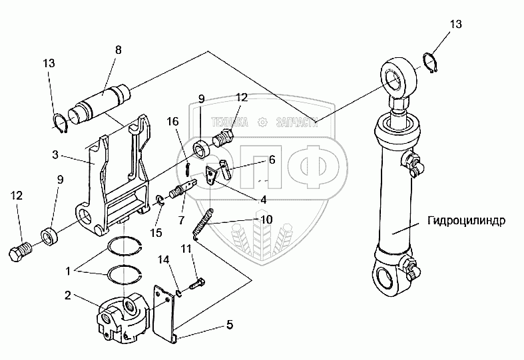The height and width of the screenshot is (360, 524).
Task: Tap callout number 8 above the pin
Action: [118, 50]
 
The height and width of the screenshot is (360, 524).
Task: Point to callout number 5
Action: [229, 326]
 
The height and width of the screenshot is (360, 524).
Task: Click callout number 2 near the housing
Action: [68, 295]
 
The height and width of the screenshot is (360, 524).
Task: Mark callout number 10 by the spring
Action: [266, 219]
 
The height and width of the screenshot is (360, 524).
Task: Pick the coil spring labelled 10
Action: [204, 223]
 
